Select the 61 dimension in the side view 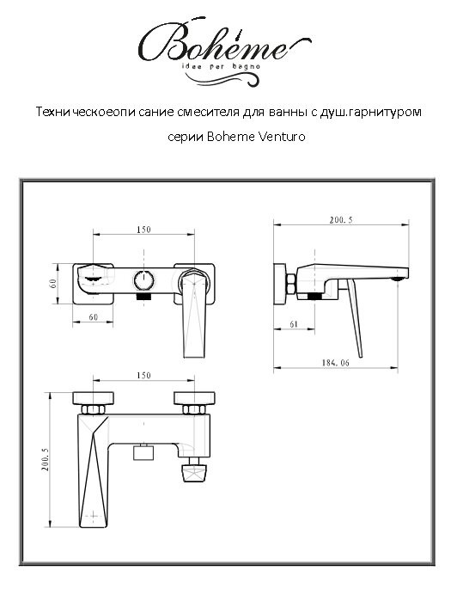tap(294, 325)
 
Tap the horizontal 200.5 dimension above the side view tap(340, 221)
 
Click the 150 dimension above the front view tap(143, 230)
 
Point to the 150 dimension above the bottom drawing tap(143, 376)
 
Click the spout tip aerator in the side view tap(397, 278)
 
